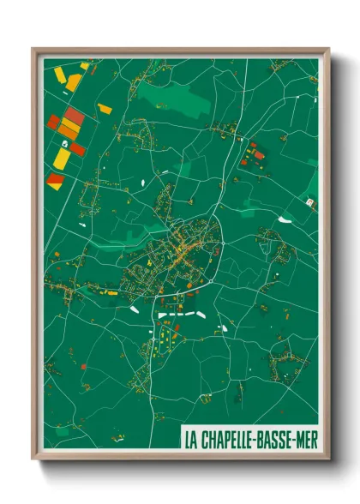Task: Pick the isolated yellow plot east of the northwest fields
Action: (105, 108)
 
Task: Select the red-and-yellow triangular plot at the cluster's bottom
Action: (55, 180)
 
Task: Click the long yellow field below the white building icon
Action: (63, 158)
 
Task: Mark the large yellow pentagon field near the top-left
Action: (74, 82)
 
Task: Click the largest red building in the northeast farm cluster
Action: (259, 156)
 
